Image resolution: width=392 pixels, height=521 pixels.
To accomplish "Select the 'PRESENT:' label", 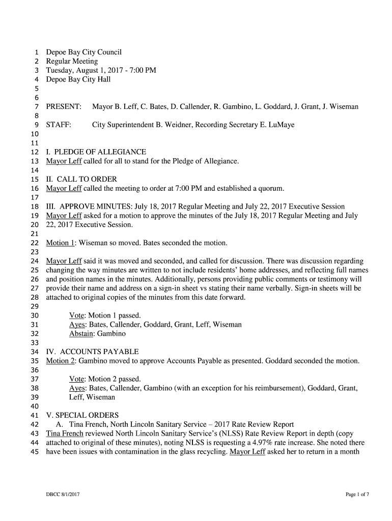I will click(64, 107).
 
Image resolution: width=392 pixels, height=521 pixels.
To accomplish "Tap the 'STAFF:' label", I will click(59, 125).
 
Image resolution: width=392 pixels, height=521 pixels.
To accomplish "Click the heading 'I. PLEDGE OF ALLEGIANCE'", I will click(96, 152).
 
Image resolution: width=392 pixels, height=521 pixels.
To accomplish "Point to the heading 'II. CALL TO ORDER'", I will click(81, 179).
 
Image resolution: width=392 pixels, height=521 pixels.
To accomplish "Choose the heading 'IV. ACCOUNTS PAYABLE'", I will click(92, 352).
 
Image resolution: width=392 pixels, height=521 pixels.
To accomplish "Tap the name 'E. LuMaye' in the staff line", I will click(277, 125).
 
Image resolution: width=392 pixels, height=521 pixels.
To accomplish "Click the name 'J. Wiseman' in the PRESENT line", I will click(341, 107).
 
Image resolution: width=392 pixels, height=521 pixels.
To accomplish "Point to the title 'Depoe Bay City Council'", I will click(84, 52).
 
